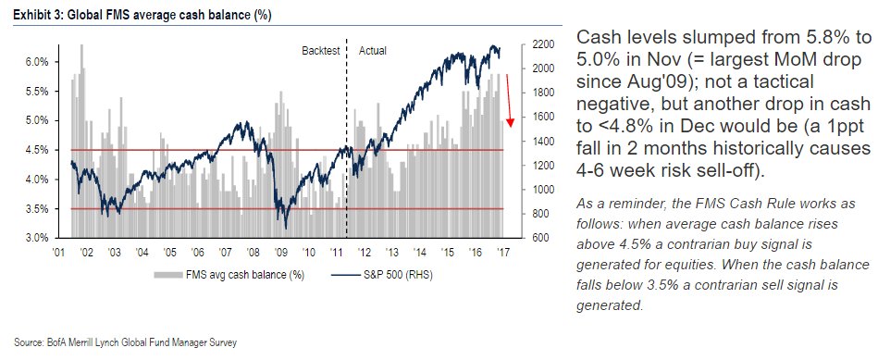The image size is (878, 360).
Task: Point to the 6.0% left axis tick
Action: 36,62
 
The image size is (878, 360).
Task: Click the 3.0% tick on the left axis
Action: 36,238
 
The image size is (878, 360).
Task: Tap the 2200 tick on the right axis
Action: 544,44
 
